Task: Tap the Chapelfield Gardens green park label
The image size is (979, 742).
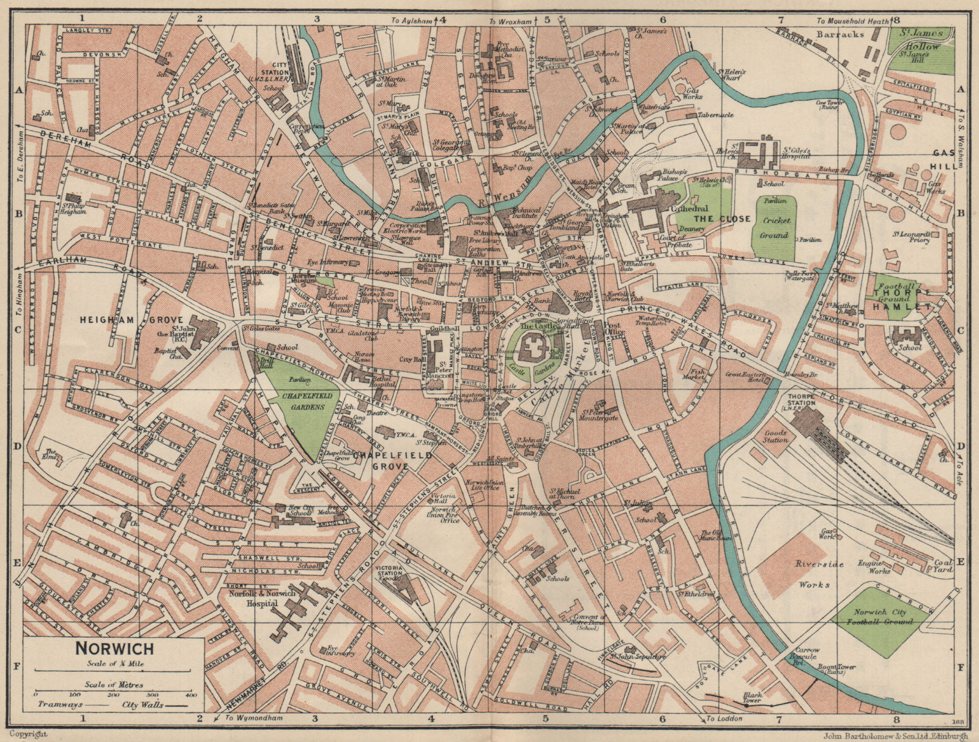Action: (307, 401)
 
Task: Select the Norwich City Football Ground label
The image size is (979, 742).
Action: (880, 616)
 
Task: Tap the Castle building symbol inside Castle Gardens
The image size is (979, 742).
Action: (533, 353)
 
